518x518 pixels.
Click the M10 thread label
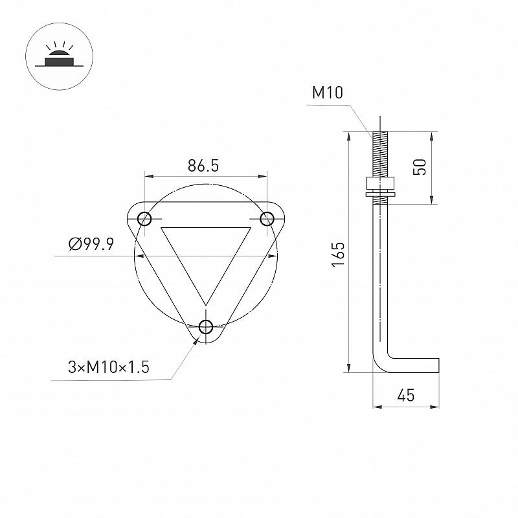328,93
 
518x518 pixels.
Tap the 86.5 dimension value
203,166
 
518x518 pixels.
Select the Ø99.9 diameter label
91,244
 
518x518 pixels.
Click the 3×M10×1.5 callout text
109,367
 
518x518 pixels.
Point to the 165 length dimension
338,254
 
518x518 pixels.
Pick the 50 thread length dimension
420,167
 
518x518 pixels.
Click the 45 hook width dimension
406,395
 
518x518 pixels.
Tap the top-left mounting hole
144,219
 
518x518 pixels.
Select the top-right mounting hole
267,219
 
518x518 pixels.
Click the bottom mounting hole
206,327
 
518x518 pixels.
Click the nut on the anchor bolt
380,183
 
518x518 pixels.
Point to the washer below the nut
380,194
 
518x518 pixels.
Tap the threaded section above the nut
380,155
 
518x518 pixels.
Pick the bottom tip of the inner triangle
206,305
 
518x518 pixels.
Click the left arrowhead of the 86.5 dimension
149,176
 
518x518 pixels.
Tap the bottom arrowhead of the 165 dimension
348,367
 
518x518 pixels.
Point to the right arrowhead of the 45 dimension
434,407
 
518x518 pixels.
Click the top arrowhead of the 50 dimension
431,137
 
